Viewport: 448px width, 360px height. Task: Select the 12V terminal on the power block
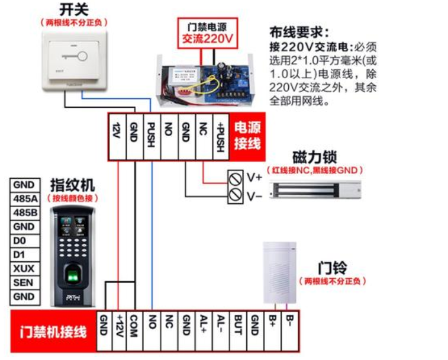coord(117,137)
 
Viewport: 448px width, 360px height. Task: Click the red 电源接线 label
coord(247,136)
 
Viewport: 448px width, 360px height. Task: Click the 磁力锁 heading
coord(315,157)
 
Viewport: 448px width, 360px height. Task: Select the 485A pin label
coord(24,198)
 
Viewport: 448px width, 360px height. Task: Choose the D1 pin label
coord(24,255)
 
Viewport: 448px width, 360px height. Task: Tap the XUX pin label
coord(24,269)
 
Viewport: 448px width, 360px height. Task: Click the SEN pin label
coord(24,282)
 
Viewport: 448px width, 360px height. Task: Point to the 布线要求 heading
coord(299,32)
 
